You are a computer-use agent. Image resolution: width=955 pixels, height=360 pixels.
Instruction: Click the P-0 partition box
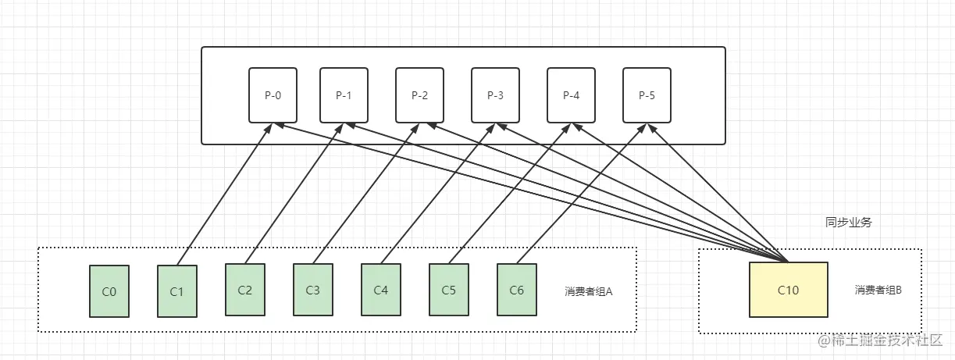[x=273, y=95]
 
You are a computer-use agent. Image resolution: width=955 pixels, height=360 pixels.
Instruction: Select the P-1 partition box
[x=344, y=95]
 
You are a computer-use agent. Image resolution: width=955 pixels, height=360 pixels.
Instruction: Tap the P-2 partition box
[x=419, y=95]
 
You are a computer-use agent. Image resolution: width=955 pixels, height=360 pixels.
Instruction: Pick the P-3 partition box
[x=495, y=95]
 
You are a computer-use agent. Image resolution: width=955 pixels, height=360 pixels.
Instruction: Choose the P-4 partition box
[x=571, y=95]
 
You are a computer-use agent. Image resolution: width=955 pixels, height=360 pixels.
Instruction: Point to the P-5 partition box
[x=647, y=95]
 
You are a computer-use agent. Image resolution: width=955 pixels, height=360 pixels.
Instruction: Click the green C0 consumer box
[x=109, y=291]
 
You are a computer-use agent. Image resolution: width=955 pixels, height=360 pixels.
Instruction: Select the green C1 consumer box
[x=176, y=291]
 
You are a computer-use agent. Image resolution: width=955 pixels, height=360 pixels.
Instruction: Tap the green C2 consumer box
[x=244, y=290]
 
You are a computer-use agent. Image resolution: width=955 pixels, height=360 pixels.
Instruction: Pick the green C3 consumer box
[x=312, y=290]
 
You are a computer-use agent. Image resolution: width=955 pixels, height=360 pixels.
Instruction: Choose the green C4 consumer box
[x=380, y=290]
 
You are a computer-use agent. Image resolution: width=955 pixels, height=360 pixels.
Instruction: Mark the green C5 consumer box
[x=448, y=290]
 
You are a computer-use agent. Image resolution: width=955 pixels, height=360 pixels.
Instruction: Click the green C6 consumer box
[x=516, y=290]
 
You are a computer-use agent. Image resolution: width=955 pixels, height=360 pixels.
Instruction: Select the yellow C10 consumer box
[x=788, y=290]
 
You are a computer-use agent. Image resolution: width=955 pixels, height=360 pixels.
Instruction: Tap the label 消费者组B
[x=878, y=290]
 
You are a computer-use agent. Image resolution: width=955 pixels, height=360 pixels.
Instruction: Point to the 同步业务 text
[x=848, y=222]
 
